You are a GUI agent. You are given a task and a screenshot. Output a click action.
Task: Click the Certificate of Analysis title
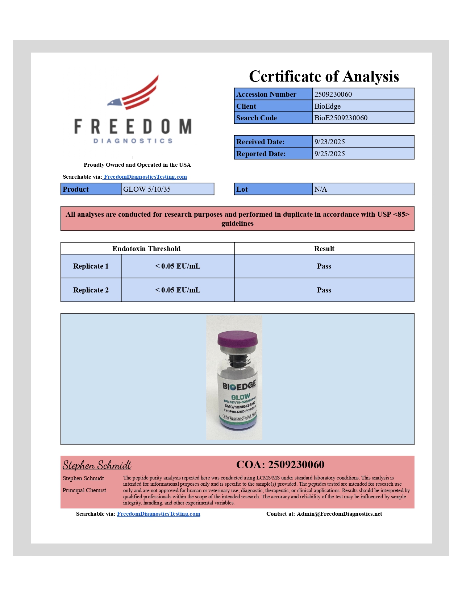click(x=324, y=76)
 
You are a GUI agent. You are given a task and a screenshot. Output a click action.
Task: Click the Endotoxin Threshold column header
click(x=146, y=249)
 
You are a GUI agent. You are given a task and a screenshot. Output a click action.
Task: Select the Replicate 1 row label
click(x=91, y=266)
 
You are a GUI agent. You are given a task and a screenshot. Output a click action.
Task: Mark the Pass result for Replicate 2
click(x=324, y=290)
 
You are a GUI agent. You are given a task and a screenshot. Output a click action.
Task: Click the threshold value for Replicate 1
click(x=178, y=266)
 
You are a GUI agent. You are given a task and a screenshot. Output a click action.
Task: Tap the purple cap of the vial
click(x=237, y=338)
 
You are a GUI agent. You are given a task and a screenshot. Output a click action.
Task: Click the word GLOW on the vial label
click(x=241, y=397)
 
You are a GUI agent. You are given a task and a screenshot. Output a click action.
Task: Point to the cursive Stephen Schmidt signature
click(x=97, y=465)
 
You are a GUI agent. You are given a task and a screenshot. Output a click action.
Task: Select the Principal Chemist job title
click(x=84, y=490)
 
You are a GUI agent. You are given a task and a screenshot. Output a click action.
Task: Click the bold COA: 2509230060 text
click(x=280, y=465)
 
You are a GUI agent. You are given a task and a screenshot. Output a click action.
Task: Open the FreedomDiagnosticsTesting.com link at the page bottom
click(x=158, y=514)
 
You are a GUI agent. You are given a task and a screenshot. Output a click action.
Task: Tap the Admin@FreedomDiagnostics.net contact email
click(x=339, y=514)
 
